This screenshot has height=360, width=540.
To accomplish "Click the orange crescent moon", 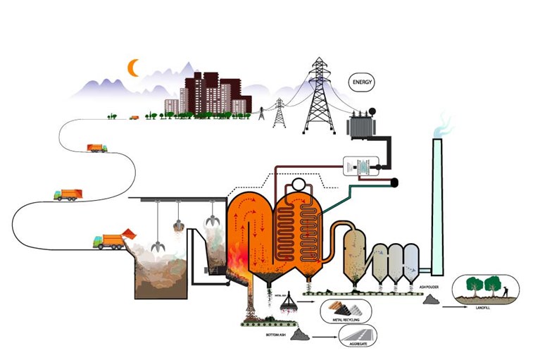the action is [132, 68].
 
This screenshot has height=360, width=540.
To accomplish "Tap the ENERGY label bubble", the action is [363, 83].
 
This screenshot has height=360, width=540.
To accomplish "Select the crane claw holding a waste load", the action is [179, 227].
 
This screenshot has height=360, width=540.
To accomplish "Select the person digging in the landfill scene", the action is [505, 287].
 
